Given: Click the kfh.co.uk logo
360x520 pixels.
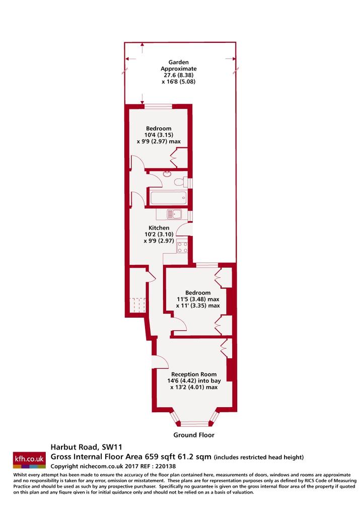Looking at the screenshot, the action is coord(29,460).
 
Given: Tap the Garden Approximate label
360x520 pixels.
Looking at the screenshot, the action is coord(179,65).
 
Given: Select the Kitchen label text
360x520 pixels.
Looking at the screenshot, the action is coord(159,228).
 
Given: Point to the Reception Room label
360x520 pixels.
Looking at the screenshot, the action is coord(194,375).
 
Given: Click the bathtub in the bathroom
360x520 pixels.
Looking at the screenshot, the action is coord(169,198).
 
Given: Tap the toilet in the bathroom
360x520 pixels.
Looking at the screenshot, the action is coord(181,182).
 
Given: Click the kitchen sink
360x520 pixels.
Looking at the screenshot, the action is coord(174,214).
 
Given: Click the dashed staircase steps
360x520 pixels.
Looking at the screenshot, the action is coord(137,305).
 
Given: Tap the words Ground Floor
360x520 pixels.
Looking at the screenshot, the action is coord(194,435).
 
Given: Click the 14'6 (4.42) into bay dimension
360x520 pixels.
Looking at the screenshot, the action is coord(194,381).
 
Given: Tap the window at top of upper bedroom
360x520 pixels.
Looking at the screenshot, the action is coord(158,106).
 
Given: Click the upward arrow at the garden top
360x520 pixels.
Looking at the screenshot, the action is coord(142,48).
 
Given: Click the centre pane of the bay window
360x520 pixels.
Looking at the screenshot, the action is coord(194,423).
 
